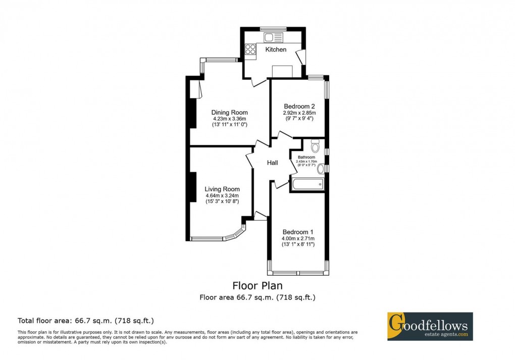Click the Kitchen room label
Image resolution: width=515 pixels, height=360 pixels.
[x=276, y=49]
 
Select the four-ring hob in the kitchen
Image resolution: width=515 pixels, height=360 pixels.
[x=250, y=49]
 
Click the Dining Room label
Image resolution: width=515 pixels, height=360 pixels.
[x=229, y=112]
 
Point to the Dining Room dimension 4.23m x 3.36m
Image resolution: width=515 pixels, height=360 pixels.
[x=229, y=119]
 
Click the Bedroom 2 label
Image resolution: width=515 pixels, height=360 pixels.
[x=299, y=106]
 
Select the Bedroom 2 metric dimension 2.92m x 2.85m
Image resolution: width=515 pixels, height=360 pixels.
[x=299, y=113]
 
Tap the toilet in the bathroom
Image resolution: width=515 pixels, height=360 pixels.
[x=316, y=146]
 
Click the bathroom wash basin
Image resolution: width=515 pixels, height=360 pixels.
[x=320, y=168]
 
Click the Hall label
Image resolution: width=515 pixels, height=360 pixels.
[x=272, y=163]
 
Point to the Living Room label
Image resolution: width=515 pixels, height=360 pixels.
[x=222, y=189]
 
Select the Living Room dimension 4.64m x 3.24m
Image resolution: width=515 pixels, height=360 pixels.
[x=222, y=196]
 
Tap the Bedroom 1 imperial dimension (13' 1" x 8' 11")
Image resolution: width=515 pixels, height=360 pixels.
[x=298, y=244]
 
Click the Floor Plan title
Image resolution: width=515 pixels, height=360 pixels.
[x=257, y=286]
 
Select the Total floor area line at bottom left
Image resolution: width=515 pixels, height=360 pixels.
[x=86, y=320]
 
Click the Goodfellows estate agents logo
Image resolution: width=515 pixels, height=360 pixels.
[x=430, y=326]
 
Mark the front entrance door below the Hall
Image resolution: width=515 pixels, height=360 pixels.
[x=261, y=217]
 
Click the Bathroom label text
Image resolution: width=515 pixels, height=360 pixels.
[x=306, y=157]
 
